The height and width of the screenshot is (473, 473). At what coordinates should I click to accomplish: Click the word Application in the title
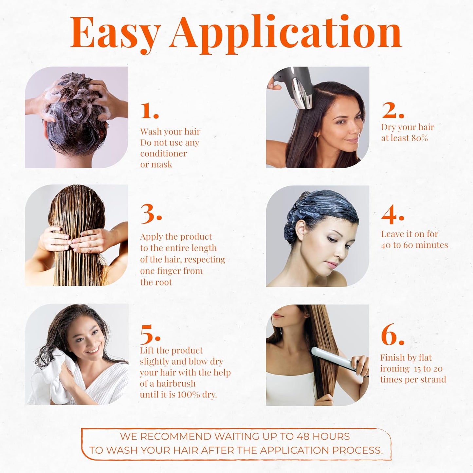point(287,33)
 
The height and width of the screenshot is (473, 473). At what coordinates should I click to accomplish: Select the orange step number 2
point(392,111)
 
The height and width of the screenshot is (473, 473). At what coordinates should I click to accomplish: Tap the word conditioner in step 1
point(163,154)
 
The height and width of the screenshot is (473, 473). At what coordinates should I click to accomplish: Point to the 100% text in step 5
point(189,394)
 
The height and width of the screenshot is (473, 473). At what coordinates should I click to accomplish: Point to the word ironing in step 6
point(394,369)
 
